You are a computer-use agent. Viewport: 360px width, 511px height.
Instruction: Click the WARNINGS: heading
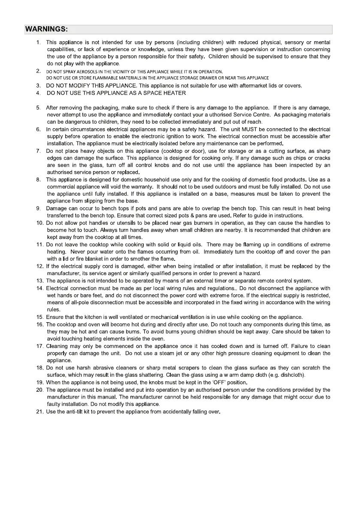[46, 30]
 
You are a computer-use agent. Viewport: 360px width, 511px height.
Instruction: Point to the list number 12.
[40, 266]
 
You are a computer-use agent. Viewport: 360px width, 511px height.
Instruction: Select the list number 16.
[40, 324]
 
